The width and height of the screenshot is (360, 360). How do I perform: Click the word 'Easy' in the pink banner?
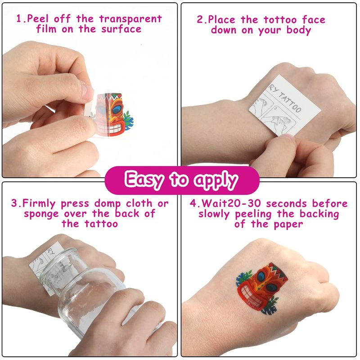pyautogui.click(x=144, y=180)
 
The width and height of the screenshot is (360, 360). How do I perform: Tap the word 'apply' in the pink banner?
pyautogui.click(x=216, y=180)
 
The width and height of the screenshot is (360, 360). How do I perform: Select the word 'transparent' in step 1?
pyautogui.click(x=130, y=19)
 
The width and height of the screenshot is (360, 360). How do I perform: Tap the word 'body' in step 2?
pyautogui.click(x=299, y=30)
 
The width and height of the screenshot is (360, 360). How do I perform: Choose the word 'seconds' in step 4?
pyautogui.click(x=286, y=203)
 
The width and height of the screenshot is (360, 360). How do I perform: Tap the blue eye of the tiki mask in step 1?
pyautogui.click(x=117, y=110)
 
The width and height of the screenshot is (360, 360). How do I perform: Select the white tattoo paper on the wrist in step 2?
pyautogui.click(x=285, y=105)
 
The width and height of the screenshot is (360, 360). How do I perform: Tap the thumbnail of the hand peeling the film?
pyautogui.click(x=87, y=92)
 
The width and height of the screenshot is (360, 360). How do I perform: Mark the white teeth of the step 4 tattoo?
pyautogui.click(x=250, y=294)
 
